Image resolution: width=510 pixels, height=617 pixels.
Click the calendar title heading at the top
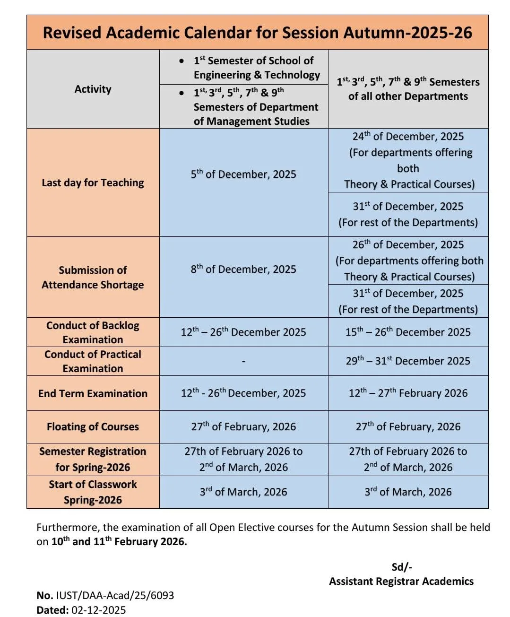pos(257,33)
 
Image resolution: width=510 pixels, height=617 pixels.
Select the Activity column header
pos(93,89)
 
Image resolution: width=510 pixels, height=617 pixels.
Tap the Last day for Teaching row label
pos(93,183)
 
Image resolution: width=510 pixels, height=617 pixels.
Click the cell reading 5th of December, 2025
pos(243,174)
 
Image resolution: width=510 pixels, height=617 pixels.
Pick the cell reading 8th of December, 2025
pos(243,269)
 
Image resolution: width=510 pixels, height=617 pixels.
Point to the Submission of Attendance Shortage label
pos(93,278)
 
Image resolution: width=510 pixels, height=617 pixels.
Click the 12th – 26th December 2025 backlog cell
pos(243,332)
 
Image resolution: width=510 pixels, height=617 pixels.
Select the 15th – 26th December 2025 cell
pos(408,332)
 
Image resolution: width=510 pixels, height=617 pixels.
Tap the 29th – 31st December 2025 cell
pos(408,361)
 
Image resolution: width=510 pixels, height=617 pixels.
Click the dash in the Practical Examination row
pos(243,362)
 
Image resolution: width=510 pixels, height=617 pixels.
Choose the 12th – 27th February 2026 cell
pos(408,393)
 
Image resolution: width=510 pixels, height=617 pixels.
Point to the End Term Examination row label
pos(93,393)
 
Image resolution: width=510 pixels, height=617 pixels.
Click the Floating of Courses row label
pos(93,427)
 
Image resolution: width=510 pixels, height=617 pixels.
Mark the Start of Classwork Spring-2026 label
pos(93,492)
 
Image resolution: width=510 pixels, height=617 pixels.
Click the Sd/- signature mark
pos(402,567)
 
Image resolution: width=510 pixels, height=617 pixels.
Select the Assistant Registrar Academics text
pos(401,581)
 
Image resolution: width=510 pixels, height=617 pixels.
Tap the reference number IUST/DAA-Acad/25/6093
pos(115,595)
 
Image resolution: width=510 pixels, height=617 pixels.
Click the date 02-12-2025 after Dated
pos(99,610)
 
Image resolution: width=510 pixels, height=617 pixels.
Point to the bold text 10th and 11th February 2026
pos(119,542)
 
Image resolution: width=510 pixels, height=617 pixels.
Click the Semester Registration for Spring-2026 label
pos(93,459)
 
